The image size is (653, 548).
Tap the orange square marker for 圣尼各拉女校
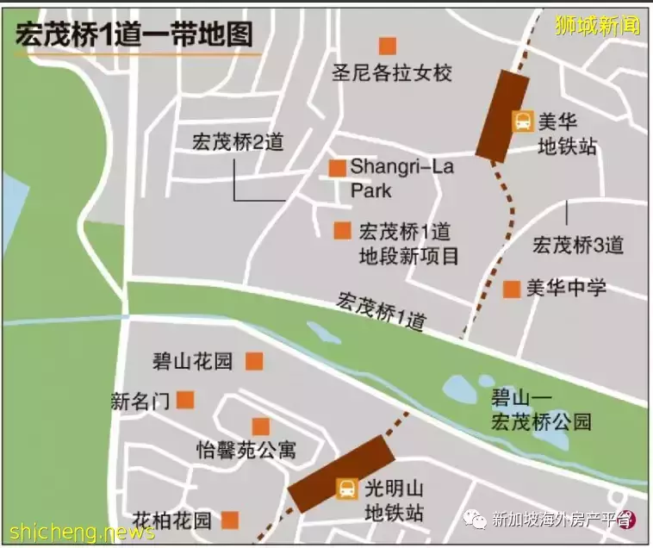(x=388, y=46)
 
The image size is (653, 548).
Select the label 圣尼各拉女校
(x=392, y=73)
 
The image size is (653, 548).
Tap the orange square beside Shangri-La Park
(x=338, y=168)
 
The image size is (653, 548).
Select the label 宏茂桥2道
(x=239, y=142)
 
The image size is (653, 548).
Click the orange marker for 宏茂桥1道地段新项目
(x=343, y=231)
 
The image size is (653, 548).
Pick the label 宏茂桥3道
(x=578, y=245)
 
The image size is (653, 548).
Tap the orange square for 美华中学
(x=512, y=290)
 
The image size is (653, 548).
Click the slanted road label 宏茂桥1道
(x=382, y=312)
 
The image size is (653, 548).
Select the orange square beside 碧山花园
(x=253, y=361)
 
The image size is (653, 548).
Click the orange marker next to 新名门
(x=185, y=400)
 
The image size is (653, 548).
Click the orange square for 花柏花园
(x=230, y=520)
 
